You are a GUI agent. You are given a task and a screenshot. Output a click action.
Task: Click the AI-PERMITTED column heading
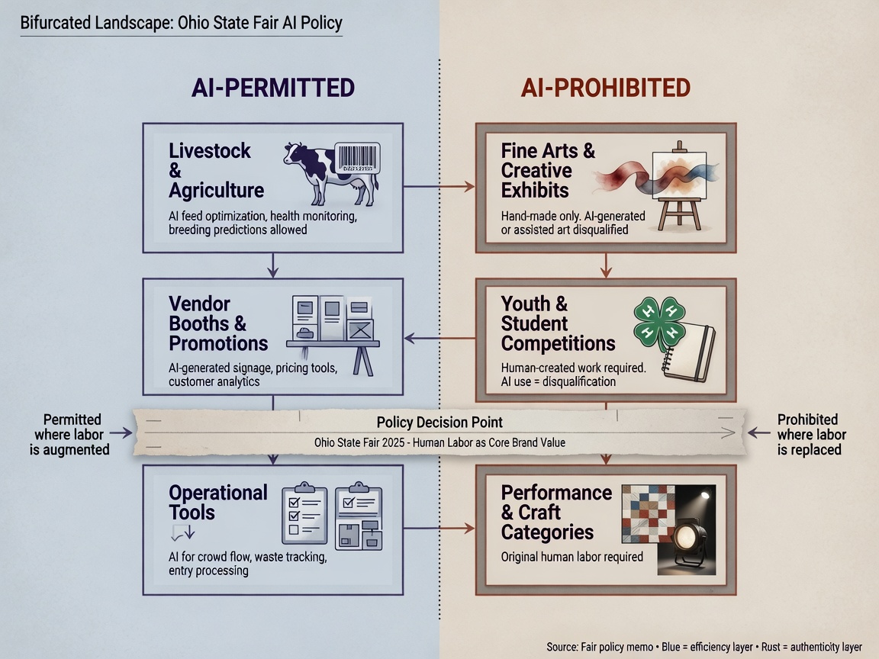(273, 88)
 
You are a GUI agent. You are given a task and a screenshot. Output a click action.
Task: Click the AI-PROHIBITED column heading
(605, 88)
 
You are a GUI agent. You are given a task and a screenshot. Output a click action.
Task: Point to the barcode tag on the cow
(358, 157)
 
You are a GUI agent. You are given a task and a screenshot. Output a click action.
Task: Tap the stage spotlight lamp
(690, 538)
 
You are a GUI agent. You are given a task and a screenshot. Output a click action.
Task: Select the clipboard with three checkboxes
(304, 513)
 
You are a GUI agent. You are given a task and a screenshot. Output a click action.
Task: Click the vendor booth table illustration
(333, 335)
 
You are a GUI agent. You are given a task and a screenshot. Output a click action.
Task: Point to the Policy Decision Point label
(439, 422)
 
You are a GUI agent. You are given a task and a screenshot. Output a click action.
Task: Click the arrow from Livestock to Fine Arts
(439, 187)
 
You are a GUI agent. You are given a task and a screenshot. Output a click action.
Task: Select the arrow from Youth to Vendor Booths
(439, 338)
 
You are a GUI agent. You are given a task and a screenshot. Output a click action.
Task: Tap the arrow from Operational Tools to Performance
(439, 528)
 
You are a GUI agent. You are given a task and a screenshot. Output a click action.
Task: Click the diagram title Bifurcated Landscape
(181, 23)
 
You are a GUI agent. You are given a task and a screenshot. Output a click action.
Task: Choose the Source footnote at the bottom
(704, 647)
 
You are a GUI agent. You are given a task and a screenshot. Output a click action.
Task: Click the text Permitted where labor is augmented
(69, 435)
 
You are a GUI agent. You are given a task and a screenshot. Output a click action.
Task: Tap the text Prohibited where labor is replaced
(810, 435)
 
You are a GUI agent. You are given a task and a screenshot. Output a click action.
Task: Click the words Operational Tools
(218, 503)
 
